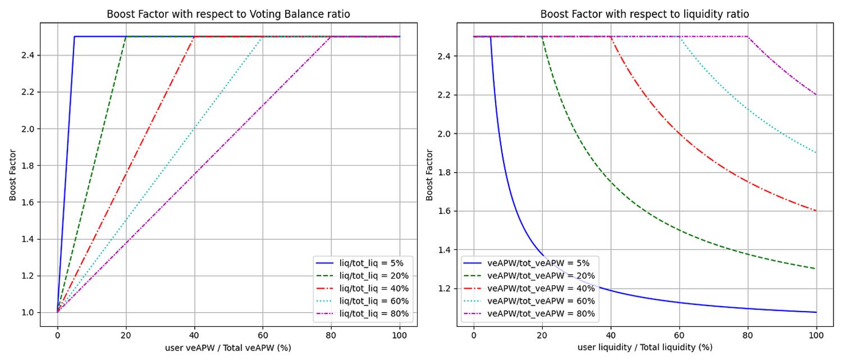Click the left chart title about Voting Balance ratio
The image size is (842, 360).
point(228,14)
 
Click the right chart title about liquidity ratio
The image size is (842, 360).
point(644,14)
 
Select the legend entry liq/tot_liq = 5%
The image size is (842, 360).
point(364,262)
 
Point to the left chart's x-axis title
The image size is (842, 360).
point(228,348)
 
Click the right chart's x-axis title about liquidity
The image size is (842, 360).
point(644,348)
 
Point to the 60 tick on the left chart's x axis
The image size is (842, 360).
point(262,335)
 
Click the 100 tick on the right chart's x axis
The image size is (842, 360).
point(816,335)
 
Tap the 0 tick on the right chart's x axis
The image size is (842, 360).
point(474,335)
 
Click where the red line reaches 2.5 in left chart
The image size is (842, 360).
point(194,37)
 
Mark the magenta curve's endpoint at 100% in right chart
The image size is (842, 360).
point(816,95)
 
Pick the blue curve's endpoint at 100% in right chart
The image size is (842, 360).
point(816,312)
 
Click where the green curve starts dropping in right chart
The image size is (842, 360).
point(542,37)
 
